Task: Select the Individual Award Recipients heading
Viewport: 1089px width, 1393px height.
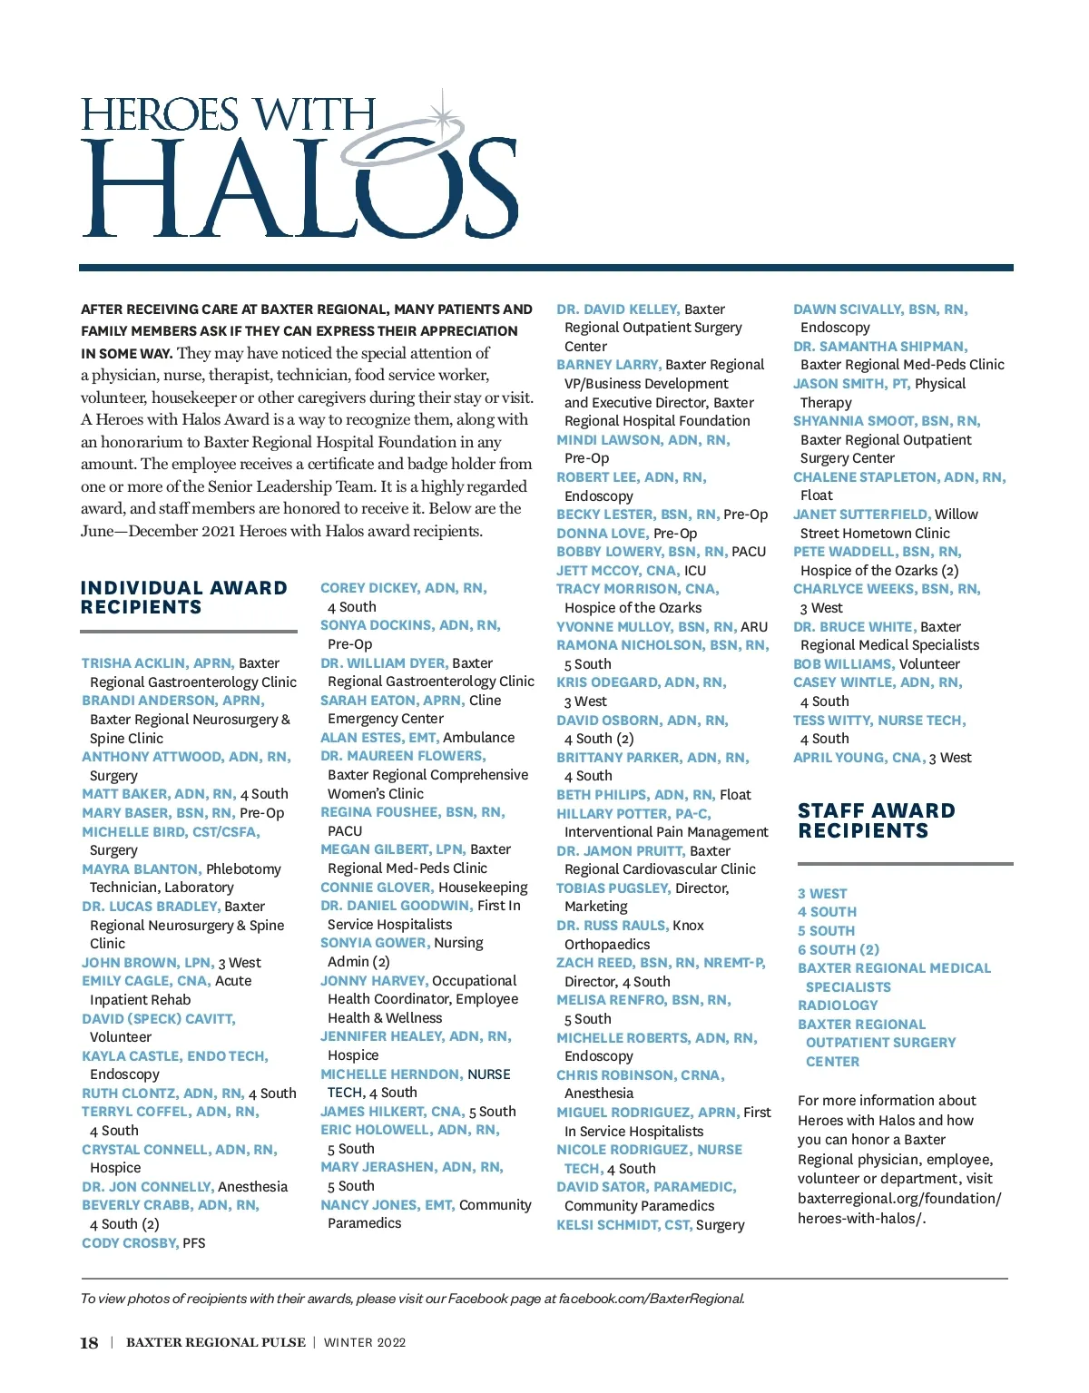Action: (x=183, y=598)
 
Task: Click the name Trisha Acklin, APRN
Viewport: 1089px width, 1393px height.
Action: (x=158, y=663)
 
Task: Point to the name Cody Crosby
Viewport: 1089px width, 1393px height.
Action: (x=130, y=1242)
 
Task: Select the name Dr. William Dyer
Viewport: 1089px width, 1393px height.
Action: (x=384, y=663)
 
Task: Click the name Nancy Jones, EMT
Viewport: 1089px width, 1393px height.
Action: (x=387, y=1205)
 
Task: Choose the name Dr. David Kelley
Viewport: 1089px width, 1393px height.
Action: (x=617, y=309)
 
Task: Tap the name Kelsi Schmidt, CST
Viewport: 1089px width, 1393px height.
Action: (x=623, y=1225)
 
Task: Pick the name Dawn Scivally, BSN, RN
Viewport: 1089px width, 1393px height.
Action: (x=880, y=309)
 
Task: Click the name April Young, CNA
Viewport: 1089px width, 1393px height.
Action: (x=858, y=758)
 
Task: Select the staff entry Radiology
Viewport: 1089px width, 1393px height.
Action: (x=838, y=1006)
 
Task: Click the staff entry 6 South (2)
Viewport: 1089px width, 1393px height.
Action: (x=839, y=949)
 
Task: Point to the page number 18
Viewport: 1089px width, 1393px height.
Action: (x=89, y=1343)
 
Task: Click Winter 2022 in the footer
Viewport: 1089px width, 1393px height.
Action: (x=365, y=1343)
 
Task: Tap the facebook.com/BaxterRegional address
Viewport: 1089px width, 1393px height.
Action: (x=652, y=1299)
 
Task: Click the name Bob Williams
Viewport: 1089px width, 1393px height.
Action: (x=843, y=664)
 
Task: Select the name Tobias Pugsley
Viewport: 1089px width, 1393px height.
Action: (x=613, y=888)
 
